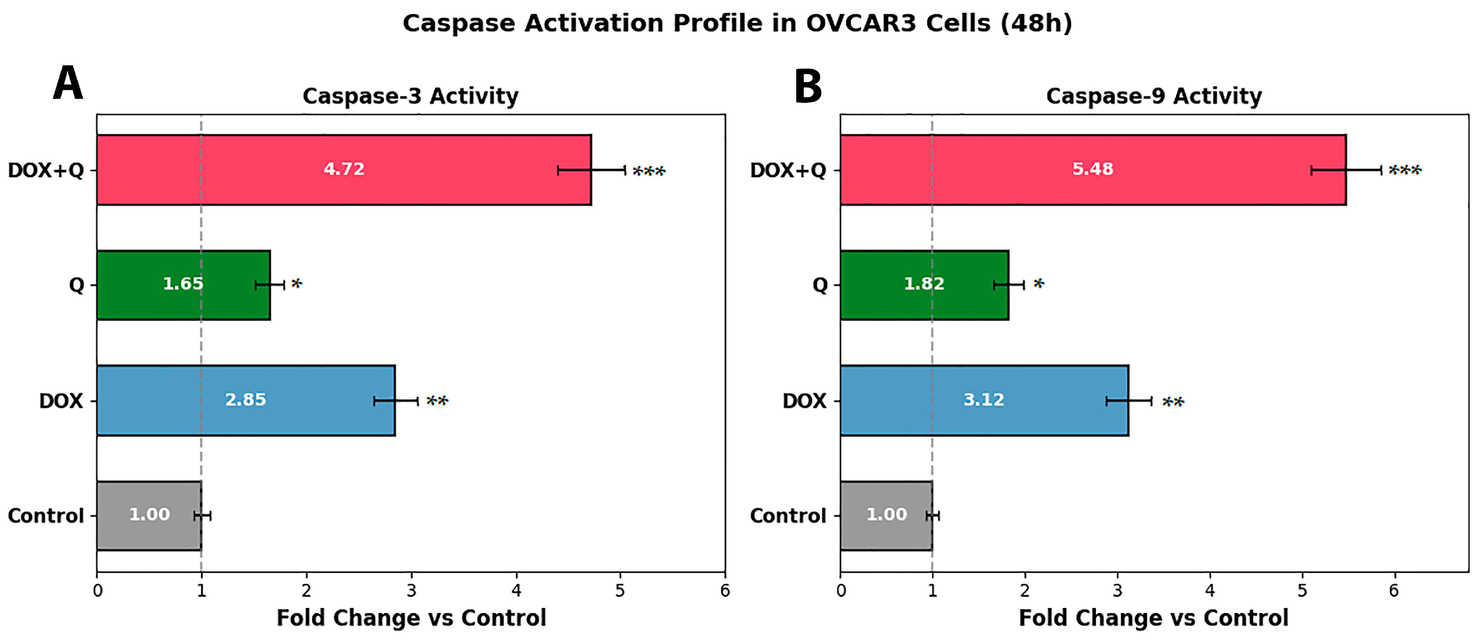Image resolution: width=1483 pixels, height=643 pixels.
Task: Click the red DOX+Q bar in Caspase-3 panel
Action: [x=344, y=170]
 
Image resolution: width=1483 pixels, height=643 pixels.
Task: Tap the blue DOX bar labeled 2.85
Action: [x=246, y=400]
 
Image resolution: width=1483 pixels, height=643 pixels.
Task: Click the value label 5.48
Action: [x=1092, y=169]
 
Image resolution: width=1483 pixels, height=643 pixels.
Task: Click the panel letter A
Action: [x=68, y=83]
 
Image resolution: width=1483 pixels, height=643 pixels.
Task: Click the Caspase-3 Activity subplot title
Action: [x=411, y=96]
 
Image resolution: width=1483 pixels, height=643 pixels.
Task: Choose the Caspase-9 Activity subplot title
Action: [x=1154, y=96]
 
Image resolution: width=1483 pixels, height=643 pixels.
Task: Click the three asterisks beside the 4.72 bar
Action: [x=649, y=171]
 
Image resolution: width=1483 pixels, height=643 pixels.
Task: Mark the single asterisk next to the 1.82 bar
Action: [x=1038, y=283]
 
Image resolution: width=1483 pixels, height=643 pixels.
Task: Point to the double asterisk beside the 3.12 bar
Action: [x=1173, y=401]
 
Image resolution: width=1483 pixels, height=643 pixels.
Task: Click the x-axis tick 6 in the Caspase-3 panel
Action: [x=725, y=590]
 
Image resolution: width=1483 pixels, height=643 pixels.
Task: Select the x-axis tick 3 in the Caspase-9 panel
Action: [x=1117, y=590]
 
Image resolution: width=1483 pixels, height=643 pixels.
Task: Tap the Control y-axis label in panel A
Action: [x=46, y=516]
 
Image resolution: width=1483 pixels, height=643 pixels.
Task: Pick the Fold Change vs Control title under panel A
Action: [x=411, y=618]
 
